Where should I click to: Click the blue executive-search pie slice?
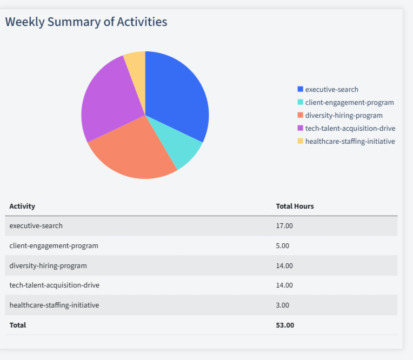click(x=176, y=97)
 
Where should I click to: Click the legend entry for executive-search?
click(x=331, y=89)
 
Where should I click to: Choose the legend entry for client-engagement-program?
click(x=349, y=102)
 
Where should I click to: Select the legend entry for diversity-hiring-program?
click(x=343, y=115)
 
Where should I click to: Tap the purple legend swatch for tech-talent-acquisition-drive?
click(x=301, y=128)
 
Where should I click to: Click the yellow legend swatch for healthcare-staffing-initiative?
click(x=301, y=141)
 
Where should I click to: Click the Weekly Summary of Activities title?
click(x=86, y=22)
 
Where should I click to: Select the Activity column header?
click(x=22, y=206)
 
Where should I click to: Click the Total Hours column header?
click(x=295, y=206)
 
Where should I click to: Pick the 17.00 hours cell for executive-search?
click(x=284, y=225)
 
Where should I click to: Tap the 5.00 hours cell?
click(x=283, y=245)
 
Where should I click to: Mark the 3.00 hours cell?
click(x=283, y=305)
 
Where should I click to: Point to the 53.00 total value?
click(x=285, y=325)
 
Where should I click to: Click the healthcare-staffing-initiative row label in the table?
click(x=54, y=305)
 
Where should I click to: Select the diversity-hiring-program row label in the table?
click(x=48, y=265)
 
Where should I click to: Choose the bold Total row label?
click(x=18, y=325)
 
